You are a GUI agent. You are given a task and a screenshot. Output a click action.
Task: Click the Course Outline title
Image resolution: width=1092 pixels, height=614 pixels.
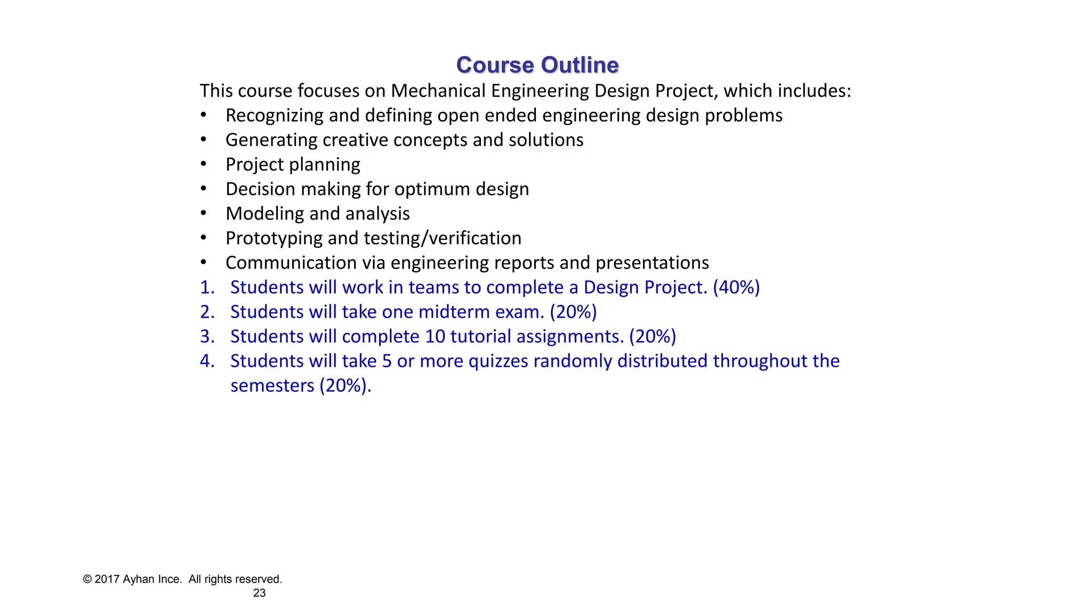coord(537,65)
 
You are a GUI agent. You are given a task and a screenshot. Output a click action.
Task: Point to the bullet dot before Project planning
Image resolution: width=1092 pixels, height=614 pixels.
coord(203,164)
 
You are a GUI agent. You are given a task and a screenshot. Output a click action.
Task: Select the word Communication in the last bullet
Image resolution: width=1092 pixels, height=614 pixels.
coord(291,263)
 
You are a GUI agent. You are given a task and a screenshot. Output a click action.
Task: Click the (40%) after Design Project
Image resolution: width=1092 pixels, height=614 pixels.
coord(736,287)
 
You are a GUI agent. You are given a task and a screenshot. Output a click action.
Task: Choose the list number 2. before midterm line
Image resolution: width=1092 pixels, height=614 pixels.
coord(207,312)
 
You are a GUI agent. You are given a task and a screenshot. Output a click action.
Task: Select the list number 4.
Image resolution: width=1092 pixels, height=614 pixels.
coord(207,361)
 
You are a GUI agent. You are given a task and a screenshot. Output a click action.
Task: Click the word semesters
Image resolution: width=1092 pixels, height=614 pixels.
coord(272,385)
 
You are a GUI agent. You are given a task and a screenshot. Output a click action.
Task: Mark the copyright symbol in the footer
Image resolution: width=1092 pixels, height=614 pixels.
coord(87,579)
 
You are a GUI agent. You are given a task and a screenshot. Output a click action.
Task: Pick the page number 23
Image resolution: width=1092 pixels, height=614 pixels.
coord(259,593)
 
